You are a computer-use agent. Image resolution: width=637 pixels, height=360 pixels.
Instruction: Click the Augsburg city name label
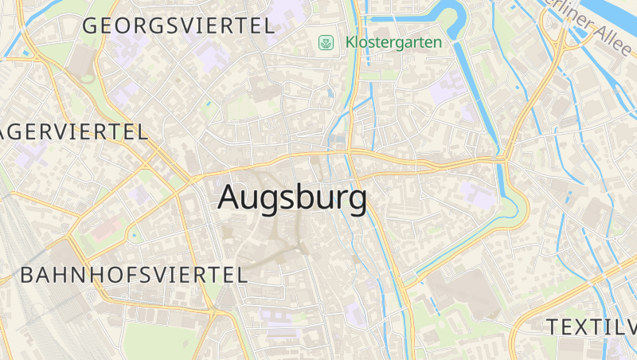(x=292, y=198)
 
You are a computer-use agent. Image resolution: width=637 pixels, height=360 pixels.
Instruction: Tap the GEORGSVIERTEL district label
(x=178, y=25)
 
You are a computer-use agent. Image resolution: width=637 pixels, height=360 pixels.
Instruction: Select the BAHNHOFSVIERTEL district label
(x=134, y=276)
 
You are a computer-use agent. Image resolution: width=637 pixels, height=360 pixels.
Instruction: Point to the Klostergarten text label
(x=393, y=42)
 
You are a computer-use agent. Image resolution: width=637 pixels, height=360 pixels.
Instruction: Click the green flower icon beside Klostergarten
(x=325, y=42)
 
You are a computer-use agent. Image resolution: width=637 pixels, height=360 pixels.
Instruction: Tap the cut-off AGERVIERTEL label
(x=73, y=132)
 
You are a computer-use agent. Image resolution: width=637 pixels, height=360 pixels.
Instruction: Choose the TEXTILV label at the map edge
(x=591, y=327)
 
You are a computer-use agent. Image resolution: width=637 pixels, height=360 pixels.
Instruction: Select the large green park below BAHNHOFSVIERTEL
(x=159, y=338)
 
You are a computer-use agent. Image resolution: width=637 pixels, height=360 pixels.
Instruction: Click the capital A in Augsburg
(x=230, y=198)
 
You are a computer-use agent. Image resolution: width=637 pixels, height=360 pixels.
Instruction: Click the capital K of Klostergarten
(x=350, y=42)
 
